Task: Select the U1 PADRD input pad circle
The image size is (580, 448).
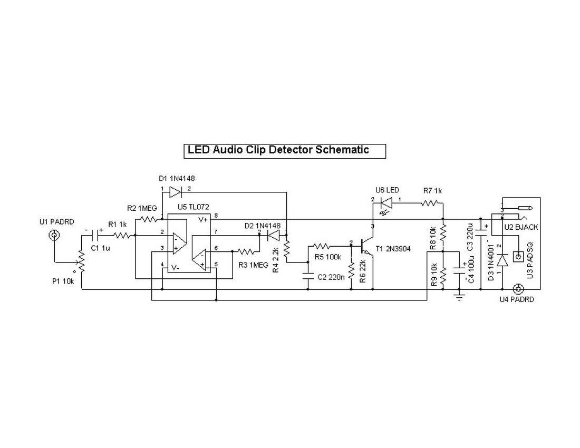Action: click(53, 235)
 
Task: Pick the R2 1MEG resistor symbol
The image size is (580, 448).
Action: click(149, 218)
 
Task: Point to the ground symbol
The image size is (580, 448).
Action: click(460, 298)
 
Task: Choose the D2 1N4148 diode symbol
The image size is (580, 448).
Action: click(273, 236)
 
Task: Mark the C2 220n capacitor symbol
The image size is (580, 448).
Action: click(308, 275)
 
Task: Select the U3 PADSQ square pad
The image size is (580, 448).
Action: click(518, 257)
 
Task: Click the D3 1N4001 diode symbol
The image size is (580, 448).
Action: click(502, 260)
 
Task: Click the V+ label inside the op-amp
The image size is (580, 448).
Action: click(203, 219)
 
